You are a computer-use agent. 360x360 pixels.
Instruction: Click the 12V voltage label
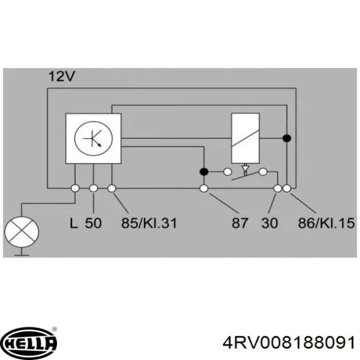pos(62,77)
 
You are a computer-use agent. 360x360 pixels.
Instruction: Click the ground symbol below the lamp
pos(21,253)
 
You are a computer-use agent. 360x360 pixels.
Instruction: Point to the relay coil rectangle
pos(244,138)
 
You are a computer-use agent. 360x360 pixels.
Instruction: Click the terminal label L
pos(74,223)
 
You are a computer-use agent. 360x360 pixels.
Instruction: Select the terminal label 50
pos(94,223)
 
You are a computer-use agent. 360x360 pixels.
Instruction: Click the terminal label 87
pos(240,223)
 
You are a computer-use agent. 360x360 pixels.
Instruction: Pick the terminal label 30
pos(270,223)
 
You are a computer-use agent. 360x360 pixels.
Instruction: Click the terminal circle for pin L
pos(75,189)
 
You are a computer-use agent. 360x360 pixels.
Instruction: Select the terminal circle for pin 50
pos(94,189)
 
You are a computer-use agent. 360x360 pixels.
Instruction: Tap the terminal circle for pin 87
pos(204,189)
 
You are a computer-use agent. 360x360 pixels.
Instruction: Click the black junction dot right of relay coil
pos(287,138)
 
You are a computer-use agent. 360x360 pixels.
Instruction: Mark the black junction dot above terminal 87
pos(204,171)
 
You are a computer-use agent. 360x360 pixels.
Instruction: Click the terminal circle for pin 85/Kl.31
pos(112,189)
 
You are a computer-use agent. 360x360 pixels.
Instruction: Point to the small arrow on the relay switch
pos(245,168)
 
